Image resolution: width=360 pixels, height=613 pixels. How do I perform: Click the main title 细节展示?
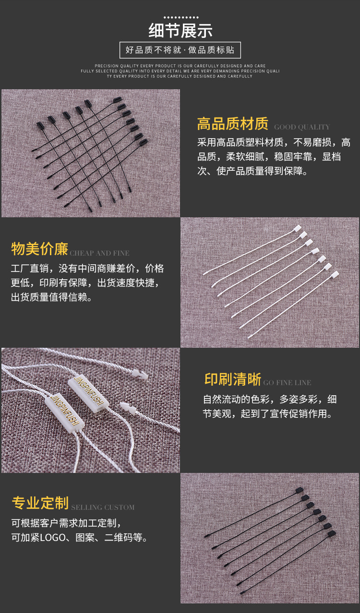tap(180, 30)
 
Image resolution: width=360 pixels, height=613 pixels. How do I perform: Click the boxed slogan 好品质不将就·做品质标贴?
tap(180, 50)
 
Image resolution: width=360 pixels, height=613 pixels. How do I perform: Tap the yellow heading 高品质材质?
tap(233, 124)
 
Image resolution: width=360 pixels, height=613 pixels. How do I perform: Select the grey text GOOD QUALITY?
tap(302, 127)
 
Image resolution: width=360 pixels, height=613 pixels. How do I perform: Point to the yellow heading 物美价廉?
tap(40, 249)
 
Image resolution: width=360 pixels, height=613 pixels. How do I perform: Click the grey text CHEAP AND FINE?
tap(100, 253)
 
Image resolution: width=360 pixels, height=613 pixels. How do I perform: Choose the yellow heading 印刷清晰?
tap(233, 379)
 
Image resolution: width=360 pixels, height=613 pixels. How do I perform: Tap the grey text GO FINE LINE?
tap(287, 383)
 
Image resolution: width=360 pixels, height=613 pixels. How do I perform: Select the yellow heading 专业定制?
tap(40, 503)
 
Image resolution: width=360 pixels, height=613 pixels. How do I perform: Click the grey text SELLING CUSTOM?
tap(103, 507)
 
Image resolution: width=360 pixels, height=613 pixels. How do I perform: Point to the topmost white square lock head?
tap(297, 228)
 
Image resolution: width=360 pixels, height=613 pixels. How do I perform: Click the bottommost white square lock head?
tap(335, 274)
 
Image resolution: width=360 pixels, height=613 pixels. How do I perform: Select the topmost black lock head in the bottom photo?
tap(300, 490)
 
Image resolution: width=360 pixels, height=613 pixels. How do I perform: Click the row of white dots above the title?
tap(180, 17)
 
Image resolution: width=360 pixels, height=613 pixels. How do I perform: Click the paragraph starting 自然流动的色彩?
tap(270, 406)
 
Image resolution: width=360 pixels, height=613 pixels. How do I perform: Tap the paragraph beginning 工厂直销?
tap(87, 283)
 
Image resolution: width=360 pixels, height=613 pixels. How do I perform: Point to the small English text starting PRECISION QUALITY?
tap(180, 71)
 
